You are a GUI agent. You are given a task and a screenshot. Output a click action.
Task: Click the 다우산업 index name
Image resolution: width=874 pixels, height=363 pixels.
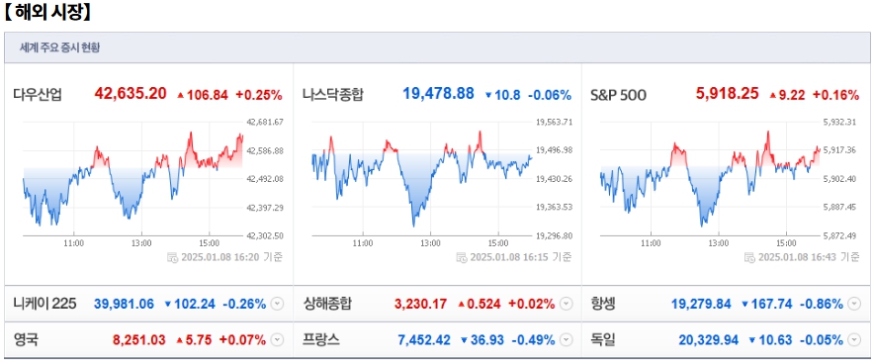click(38, 95)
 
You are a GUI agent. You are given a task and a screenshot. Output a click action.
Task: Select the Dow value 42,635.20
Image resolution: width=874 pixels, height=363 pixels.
click(131, 94)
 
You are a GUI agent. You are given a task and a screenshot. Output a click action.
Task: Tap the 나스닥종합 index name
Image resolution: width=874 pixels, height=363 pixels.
click(333, 95)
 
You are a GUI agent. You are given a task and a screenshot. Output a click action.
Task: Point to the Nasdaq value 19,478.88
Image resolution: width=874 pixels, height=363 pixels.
click(438, 94)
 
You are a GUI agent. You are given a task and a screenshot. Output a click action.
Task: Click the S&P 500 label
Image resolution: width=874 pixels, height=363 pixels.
click(618, 95)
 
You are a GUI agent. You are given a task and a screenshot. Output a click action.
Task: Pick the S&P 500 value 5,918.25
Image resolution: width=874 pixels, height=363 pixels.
click(728, 94)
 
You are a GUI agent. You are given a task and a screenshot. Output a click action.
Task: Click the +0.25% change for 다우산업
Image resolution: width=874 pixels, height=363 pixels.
click(257, 95)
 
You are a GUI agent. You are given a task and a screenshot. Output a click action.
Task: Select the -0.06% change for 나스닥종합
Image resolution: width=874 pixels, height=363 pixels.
click(550, 95)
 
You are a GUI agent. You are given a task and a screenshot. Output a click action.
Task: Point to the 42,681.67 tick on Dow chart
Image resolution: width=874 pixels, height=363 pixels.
click(264, 122)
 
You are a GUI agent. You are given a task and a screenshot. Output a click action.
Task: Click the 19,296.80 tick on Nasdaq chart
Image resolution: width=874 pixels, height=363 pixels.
click(555, 235)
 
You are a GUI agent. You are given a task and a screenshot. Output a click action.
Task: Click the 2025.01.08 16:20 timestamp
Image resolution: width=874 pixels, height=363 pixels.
click(229, 257)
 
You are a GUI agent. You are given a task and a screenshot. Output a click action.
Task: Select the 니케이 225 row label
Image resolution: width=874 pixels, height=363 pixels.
click(44, 303)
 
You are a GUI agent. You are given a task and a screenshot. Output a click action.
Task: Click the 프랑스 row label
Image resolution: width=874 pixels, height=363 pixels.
click(321, 340)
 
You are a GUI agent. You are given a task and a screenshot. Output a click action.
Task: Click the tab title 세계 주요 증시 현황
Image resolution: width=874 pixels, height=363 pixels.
click(59, 47)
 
